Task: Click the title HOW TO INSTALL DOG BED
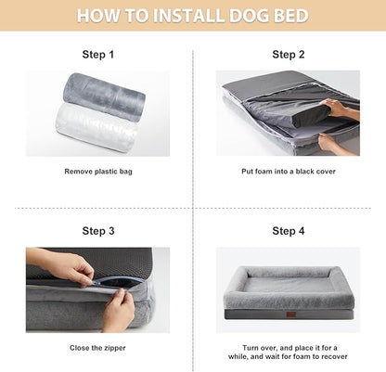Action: [193, 16]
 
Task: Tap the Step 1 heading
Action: [98, 55]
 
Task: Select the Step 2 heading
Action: [289, 55]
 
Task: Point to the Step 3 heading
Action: [98, 231]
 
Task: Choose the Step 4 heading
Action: [289, 231]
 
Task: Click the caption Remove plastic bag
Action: [98, 172]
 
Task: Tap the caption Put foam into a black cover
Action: [289, 172]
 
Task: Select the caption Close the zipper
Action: [98, 348]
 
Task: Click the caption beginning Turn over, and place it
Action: [289, 352]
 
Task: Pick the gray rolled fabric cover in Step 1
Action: [104, 94]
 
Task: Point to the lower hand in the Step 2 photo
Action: [331, 142]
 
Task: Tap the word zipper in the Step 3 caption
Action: [115, 348]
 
